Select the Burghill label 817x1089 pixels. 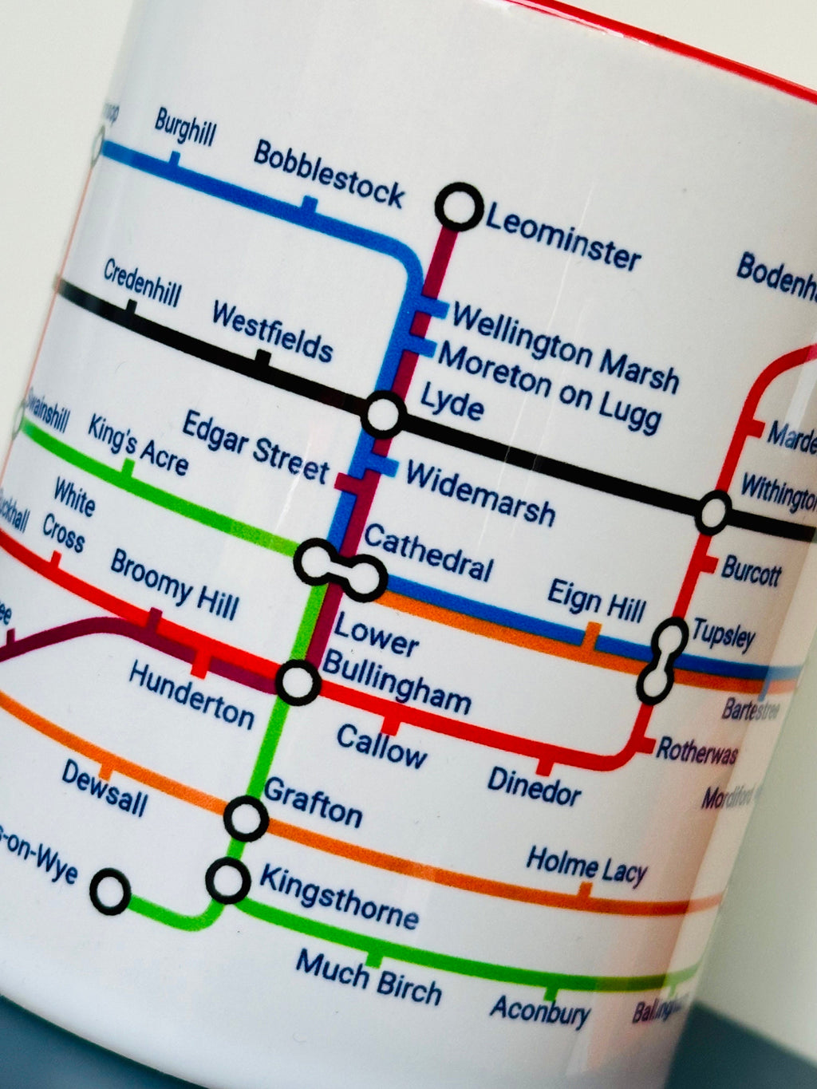pos(185,128)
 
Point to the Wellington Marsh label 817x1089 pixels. pos(565,346)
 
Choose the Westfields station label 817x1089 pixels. pos(272,332)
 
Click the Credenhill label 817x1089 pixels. pos(142,283)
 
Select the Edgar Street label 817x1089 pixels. pos(255,448)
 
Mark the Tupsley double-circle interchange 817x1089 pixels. pos(663,661)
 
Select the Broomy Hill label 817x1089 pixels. pos(174,584)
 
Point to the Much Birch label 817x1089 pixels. pos(369,977)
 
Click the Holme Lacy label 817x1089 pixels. pos(586,866)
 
